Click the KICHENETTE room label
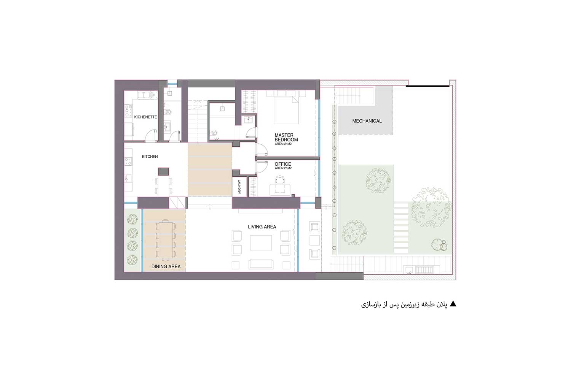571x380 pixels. [x=145, y=117]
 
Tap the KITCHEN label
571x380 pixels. [x=150, y=157]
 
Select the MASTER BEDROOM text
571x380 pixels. [x=286, y=138]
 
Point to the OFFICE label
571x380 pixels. [x=283, y=164]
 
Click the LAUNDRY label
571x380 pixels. [x=239, y=187]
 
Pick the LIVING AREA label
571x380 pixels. [x=262, y=227]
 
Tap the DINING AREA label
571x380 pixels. [x=166, y=266]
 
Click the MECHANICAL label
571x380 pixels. [x=367, y=121]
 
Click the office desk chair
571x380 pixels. [x=280, y=180]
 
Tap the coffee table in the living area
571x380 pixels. [x=261, y=243]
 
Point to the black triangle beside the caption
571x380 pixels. [x=453, y=304]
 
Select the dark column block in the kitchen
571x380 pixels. [x=163, y=171]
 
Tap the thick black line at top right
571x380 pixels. [x=427, y=86]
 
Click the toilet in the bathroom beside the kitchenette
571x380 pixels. [x=168, y=112]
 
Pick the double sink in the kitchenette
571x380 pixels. [x=144, y=95]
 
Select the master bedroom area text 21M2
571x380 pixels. [x=283, y=144]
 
